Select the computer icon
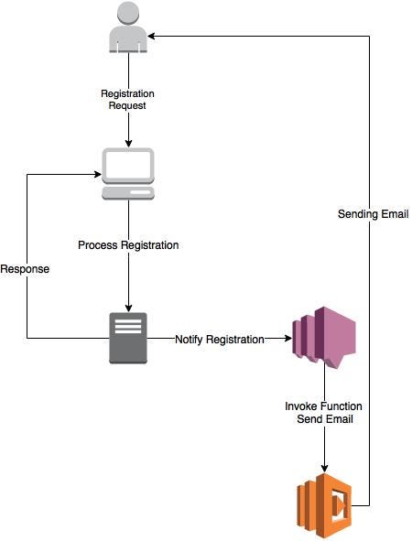(128, 174)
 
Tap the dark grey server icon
(128, 338)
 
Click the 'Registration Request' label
(128, 100)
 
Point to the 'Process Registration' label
(128, 245)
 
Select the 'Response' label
(25, 270)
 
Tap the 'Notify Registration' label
(219, 339)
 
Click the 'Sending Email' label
(372, 214)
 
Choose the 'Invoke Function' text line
(324, 405)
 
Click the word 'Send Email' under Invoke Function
(324, 418)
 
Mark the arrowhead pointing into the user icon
(154, 36)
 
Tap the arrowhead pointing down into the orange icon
(324, 470)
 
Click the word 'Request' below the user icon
(128, 106)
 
